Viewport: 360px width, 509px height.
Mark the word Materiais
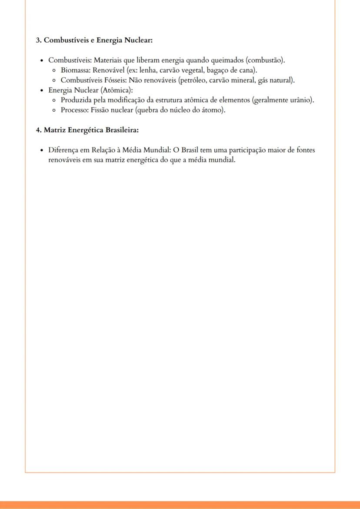(x=108, y=60)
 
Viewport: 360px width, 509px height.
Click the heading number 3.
(x=38, y=40)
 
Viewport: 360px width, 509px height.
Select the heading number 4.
(x=38, y=130)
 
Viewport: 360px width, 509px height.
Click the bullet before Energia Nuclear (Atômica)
(x=41, y=90)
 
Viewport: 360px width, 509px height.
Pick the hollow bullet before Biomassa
(x=53, y=70)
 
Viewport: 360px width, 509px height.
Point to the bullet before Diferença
(x=41, y=150)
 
